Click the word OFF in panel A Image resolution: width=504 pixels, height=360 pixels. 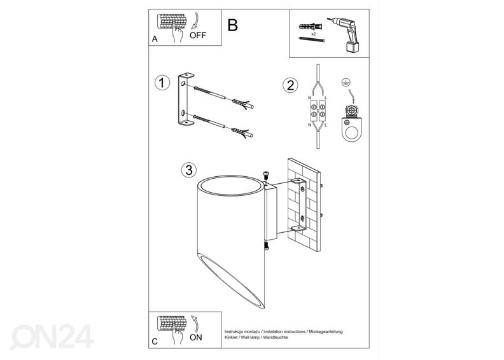point(198,36)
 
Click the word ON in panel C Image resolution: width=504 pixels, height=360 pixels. point(196,338)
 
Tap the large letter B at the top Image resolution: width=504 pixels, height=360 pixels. point(232,25)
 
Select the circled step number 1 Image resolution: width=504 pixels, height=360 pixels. point(162,83)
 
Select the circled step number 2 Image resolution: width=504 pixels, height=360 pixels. point(290,85)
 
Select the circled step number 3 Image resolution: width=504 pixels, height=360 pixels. point(189,170)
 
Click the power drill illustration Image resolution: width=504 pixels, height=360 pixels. point(346,34)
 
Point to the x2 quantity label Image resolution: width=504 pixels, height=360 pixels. point(313,34)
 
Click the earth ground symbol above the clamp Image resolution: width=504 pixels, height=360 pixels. point(346,82)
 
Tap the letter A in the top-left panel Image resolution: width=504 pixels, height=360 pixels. point(155,39)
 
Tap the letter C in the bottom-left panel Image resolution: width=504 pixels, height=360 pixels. point(155,342)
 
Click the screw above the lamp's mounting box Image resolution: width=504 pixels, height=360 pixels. point(266,176)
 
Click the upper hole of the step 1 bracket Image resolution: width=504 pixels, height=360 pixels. point(183,84)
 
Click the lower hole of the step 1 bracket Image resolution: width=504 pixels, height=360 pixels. point(183,113)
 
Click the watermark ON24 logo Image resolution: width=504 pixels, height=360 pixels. point(52,336)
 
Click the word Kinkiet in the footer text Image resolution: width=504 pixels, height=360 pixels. point(231,338)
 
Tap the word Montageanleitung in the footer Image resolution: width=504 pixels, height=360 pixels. point(326,331)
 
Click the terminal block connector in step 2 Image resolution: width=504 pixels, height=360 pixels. point(318,111)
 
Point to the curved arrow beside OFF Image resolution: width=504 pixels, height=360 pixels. point(196,21)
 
